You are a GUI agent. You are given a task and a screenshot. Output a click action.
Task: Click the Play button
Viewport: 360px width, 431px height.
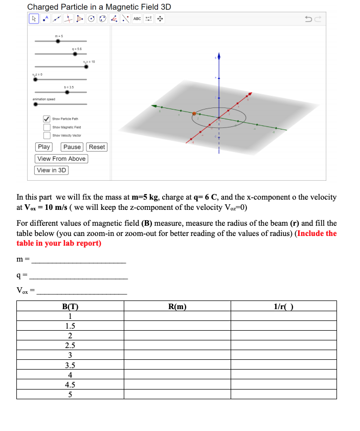click(44, 147)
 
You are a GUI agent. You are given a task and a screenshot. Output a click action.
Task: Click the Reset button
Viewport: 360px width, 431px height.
click(97, 147)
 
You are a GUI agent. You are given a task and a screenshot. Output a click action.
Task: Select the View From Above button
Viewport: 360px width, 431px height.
click(61, 159)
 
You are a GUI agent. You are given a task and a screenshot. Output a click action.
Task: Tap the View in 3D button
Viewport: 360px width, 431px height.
click(52, 170)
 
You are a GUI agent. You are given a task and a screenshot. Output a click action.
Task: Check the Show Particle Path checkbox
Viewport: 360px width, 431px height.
click(47, 119)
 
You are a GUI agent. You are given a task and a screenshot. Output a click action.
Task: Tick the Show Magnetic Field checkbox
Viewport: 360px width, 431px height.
click(47, 127)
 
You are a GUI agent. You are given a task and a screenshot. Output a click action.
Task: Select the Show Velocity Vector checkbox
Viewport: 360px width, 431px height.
click(47, 136)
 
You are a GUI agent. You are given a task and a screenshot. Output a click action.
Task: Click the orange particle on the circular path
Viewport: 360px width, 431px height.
click(194, 114)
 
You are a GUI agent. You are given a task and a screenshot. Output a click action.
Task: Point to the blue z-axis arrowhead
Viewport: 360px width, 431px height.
click(219, 55)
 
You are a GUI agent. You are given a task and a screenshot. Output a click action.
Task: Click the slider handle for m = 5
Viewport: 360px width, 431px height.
click(58, 41)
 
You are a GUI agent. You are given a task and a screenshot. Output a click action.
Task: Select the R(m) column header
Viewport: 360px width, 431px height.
click(177, 307)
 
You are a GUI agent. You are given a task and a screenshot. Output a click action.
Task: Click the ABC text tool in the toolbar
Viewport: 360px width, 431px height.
click(137, 19)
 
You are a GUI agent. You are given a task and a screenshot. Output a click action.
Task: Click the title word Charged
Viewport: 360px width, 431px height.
click(42, 7)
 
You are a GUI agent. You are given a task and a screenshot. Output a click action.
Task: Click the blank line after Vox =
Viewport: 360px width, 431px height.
click(82, 293)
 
